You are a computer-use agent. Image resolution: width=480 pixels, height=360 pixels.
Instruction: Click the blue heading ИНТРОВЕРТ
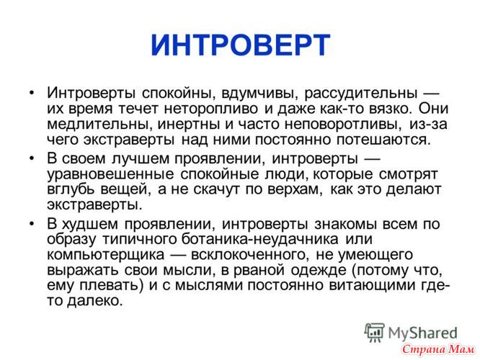(x=240, y=45)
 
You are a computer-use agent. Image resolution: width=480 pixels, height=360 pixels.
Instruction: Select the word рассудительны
(x=360, y=94)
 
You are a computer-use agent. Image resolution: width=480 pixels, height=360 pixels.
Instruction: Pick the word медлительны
(x=99, y=124)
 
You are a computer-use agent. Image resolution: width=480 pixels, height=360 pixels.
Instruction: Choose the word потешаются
(x=383, y=140)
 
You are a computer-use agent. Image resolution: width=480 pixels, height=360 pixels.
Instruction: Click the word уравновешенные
(x=110, y=174)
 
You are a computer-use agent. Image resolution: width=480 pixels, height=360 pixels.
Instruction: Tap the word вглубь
(x=71, y=189)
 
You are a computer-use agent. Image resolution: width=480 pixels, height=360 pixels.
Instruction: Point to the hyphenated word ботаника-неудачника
(x=260, y=239)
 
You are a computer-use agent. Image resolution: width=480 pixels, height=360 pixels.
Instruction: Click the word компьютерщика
(x=106, y=254)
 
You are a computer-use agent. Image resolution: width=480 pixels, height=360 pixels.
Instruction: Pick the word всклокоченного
(x=249, y=254)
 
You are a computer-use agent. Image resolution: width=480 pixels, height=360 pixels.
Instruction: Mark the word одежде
(x=319, y=270)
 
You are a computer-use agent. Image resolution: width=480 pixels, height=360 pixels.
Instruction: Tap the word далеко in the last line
(x=94, y=301)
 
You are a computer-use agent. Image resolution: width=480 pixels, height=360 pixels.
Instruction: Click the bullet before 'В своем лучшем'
(x=32, y=158)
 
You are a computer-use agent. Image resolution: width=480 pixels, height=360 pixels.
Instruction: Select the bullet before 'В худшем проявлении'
(x=32, y=224)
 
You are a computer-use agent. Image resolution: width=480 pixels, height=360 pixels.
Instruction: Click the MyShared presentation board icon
(x=374, y=332)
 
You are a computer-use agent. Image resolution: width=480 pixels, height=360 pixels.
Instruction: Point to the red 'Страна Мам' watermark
(x=438, y=349)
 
